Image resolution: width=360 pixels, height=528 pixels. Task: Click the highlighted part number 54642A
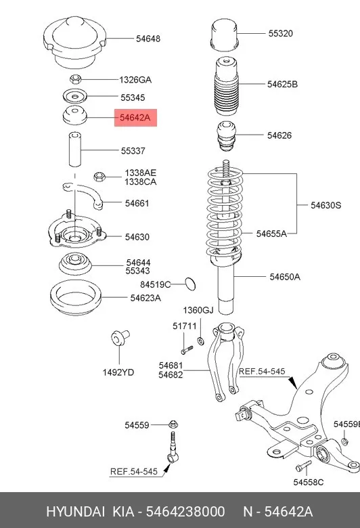click(135, 118)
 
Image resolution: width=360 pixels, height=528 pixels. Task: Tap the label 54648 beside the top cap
click(148, 39)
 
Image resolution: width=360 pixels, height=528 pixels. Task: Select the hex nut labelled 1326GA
click(75, 79)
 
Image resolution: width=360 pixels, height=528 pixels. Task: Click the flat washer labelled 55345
click(74, 97)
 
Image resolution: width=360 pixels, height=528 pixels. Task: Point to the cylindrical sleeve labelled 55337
click(75, 150)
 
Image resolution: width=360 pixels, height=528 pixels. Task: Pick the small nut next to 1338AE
click(99, 177)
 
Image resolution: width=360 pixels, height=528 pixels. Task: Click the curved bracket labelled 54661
click(83, 195)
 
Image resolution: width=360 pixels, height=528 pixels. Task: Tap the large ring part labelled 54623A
click(75, 297)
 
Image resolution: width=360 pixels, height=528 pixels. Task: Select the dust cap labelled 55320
click(224, 35)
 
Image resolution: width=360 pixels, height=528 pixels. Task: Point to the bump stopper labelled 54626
click(225, 136)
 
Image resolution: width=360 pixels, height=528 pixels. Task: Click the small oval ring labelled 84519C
click(191, 284)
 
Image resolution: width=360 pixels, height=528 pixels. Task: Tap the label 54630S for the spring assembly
click(325, 205)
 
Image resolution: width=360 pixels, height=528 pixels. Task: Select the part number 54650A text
click(285, 277)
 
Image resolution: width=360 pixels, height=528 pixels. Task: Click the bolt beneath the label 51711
click(187, 350)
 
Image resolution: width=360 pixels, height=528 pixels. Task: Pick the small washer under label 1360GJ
click(201, 341)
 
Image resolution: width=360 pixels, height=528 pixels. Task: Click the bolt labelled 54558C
click(303, 466)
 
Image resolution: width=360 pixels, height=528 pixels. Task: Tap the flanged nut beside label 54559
click(173, 424)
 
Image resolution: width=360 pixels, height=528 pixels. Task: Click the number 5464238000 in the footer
click(185, 512)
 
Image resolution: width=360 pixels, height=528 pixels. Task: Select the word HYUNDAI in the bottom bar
click(75, 512)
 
